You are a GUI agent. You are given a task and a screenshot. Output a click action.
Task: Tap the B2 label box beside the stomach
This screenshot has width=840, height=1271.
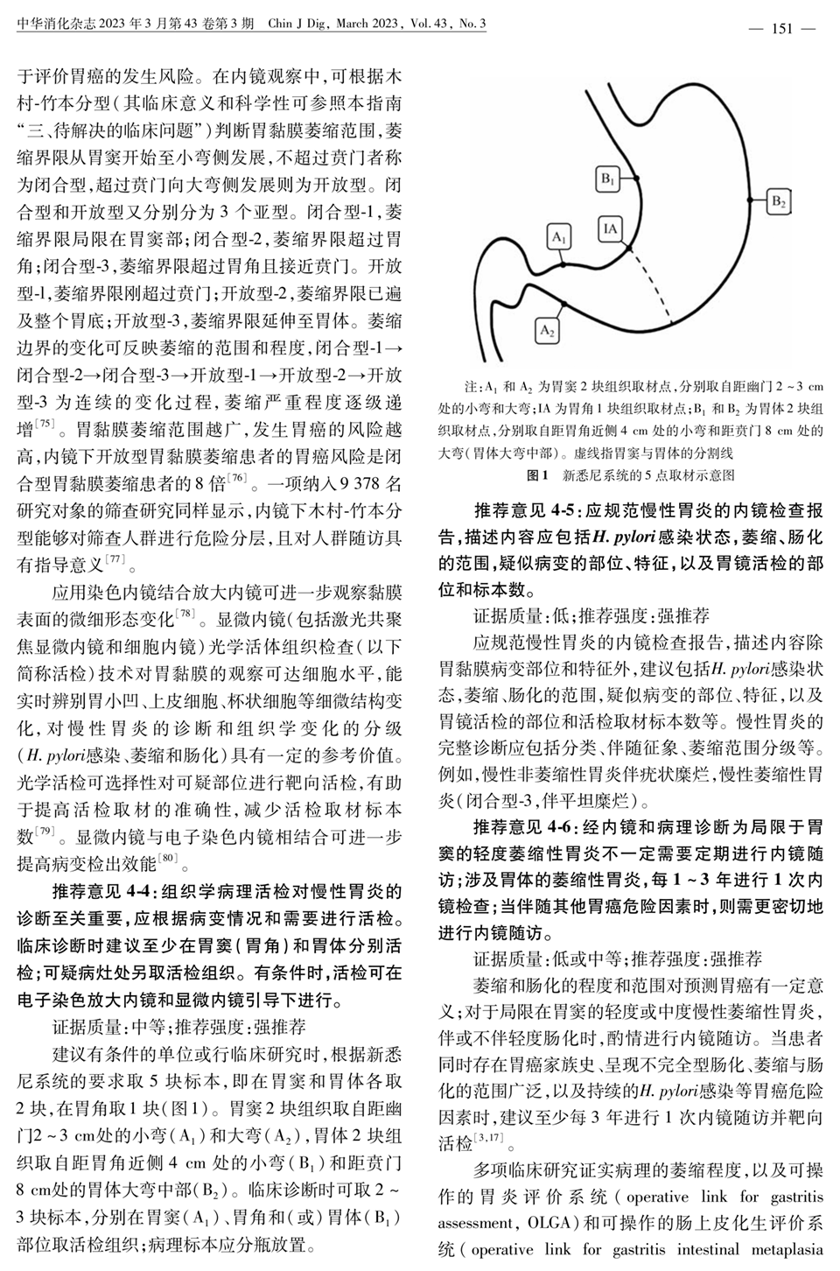[779, 201]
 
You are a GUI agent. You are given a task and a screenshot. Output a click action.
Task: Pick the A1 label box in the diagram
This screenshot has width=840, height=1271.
[560, 236]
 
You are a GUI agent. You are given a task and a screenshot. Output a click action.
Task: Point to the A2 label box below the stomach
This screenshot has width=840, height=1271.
[548, 330]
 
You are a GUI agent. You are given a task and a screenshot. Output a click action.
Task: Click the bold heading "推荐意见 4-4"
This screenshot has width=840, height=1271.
[103, 893]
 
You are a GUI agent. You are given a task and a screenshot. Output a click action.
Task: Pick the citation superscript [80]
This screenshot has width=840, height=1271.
[169, 858]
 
